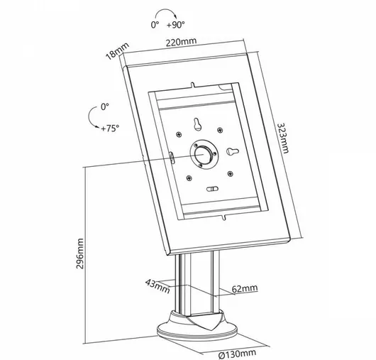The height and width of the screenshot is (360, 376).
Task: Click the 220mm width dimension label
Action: point(182,42)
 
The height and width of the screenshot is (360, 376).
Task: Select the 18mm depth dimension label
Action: point(118,51)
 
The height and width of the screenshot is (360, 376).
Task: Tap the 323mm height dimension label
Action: point(283,138)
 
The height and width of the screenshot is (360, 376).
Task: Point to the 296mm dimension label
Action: point(80,253)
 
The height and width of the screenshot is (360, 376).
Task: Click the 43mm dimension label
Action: point(157,286)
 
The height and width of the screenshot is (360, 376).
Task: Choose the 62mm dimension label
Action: point(245,288)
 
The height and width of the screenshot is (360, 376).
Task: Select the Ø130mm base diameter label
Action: point(237,354)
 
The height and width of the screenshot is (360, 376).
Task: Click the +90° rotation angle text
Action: point(176,24)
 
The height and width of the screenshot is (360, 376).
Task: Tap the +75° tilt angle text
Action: point(110,129)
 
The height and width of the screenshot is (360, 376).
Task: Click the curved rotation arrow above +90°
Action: point(165,10)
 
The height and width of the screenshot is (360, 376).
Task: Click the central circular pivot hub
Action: point(204,154)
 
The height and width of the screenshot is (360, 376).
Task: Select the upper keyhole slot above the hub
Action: point(197,124)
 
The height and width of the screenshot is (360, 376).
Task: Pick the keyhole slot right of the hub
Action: point(233,151)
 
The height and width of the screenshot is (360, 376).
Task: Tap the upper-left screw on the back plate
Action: point(179,135)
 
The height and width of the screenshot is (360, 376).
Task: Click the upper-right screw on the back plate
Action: point(220,130)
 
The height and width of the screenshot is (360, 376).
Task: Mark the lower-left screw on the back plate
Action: point(189,178)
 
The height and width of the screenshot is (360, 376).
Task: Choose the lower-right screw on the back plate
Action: point(230,173)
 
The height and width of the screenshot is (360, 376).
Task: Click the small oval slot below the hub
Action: point(212,189)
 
